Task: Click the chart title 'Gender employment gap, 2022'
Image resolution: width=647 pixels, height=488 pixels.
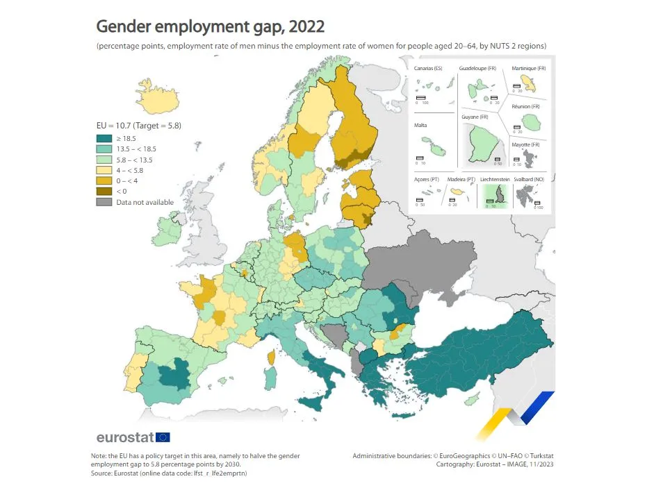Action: pyautogui.click(x=210, y=26)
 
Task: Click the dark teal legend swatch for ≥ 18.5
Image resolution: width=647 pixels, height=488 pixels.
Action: pyautogui.click(x=103, y=139)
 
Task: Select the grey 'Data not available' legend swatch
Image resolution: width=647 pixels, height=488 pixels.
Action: pyautogui.click(x=103, y=201)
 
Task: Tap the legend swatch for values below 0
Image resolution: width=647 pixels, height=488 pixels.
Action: pyautogui.click(x=103, y=191)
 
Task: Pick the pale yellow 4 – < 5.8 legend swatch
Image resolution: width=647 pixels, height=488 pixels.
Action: pyautogui.click(x=103, y=170)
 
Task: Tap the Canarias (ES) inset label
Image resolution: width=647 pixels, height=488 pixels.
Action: pyautogui.click(x=428, y=69)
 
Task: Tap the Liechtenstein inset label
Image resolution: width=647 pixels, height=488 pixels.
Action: pyautogui.click(x=494, y=180)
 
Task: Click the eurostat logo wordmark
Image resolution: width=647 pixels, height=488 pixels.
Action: pyautogui.click(x=125, y=437)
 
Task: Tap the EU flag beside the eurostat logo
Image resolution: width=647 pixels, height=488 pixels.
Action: pyautogui.click(x=163, y=437)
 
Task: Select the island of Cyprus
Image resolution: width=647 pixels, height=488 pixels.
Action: pyautogui.click(x=472, y=399)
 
